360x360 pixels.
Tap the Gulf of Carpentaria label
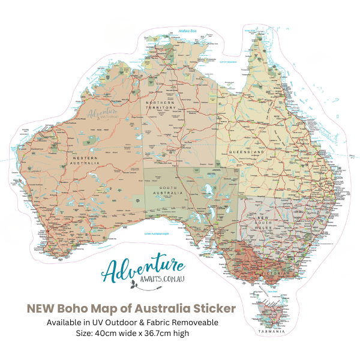(x=227, y=62)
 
